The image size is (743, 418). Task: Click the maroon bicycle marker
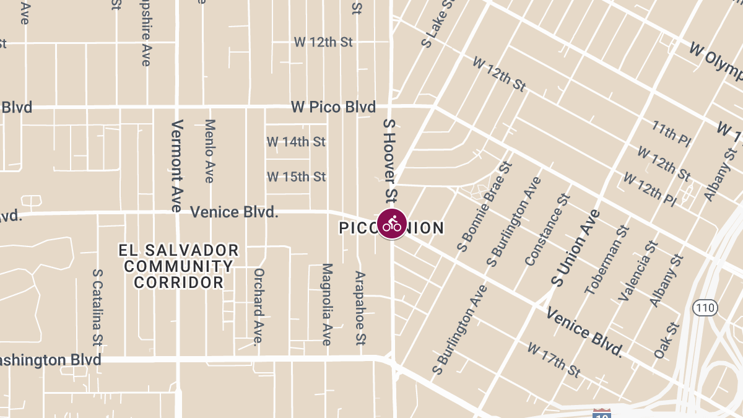coord(391,224)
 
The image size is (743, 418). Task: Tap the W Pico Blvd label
coord(333,107)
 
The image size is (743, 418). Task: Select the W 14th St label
coord(296,142)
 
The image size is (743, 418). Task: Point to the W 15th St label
coord(296,177)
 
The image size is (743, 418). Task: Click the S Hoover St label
coord(389,160)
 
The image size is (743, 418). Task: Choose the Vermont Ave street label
coord(176,165)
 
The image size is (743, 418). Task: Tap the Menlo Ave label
coord(209,151)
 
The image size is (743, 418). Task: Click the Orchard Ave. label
coord(259,305)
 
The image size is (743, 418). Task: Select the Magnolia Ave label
coord(327,304)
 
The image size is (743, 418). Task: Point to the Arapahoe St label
coord(360,307)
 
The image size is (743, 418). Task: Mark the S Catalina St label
coord(97,307)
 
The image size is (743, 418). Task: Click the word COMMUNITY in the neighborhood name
coord(179,267)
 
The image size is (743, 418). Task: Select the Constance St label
coord(547,230)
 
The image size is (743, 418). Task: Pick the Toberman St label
coord(606,259)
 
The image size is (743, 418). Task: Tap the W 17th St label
coord(554,360)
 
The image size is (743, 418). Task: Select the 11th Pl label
coord(671,133)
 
